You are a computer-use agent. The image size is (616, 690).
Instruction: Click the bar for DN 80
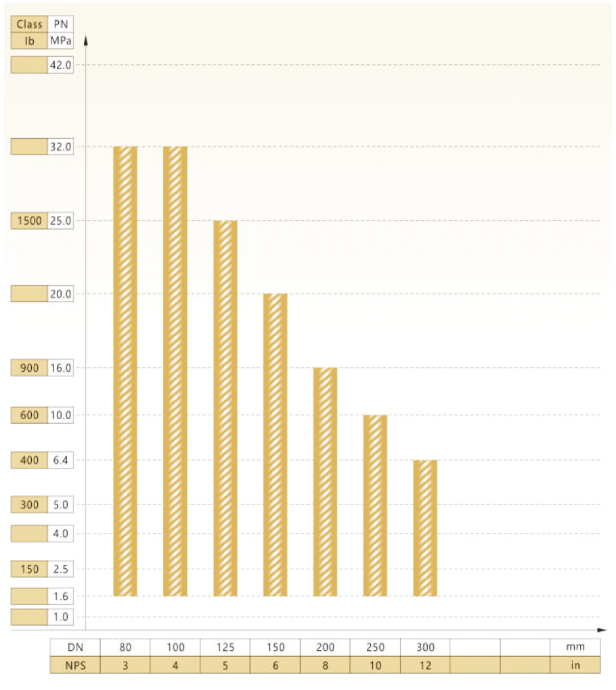(x=125, y=371)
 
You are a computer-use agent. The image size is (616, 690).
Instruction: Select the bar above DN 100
(x=175, y=371)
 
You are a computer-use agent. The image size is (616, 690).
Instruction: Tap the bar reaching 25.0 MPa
(x=225, y=408)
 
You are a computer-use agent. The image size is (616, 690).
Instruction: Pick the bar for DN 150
(x=276, y=445)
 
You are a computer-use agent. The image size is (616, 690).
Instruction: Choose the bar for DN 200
(x=325, y=481)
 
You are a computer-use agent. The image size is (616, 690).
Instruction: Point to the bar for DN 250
(x=375, y=505)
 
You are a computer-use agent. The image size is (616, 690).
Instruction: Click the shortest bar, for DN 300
(x=425, y=528)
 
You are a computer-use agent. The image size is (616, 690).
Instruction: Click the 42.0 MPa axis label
(x=60, y=65)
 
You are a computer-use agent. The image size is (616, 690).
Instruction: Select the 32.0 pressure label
(x=60, y=147)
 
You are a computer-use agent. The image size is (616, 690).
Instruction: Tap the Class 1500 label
(x=30, y=221)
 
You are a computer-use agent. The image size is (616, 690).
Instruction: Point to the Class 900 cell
(x=30, y=368)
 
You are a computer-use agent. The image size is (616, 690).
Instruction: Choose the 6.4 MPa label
(x=60, y=460)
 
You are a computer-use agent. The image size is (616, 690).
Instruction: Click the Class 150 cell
(x=30, y=569)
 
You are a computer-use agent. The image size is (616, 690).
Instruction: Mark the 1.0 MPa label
(x=60, y=617)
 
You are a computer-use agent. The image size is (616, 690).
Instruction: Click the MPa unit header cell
(x=60, y=41)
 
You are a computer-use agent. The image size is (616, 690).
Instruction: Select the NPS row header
(x=75, y=665)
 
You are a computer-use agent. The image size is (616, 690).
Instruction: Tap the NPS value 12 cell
(x=425, y=665)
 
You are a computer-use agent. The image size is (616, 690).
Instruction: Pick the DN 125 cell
(x=225, y=647)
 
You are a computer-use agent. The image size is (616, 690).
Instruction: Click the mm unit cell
(x=575, y=647)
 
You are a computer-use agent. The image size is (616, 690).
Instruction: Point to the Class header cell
(x=30, y=24)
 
